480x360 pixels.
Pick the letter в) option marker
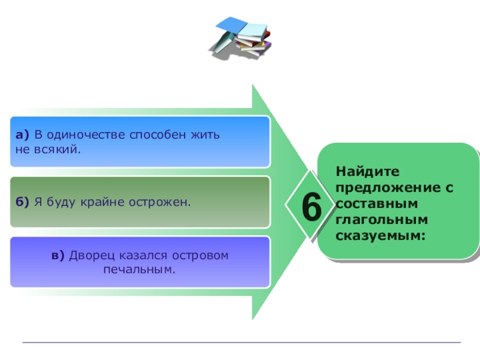click(x=58, y=256)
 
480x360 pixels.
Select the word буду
click(x=63, y=202)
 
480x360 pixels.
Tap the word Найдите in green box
click(x=359, y=172)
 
